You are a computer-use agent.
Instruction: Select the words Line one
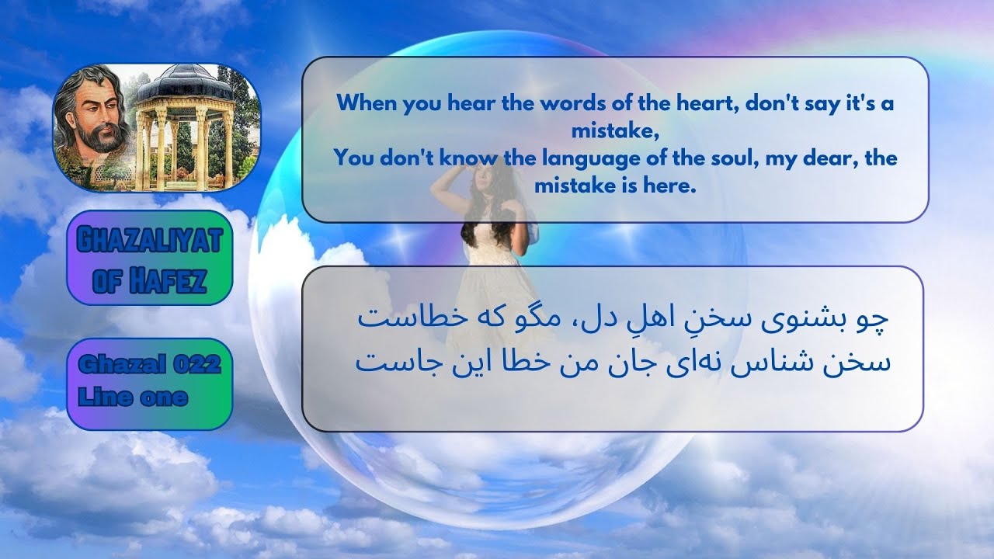(x=133, y=397)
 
